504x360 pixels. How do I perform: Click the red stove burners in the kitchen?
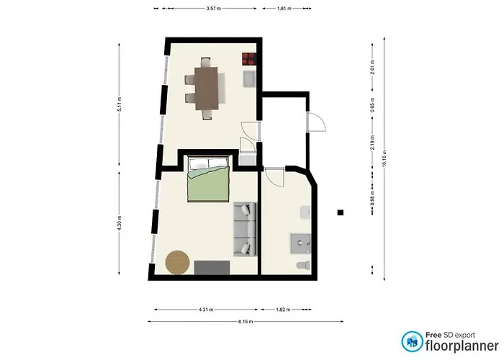pos(250,60)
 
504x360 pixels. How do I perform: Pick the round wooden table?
pos(177,262)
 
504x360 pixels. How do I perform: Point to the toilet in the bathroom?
pos(302,266)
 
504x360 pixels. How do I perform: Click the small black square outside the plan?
pos(341,212)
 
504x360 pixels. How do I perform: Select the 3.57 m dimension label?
pos(213,9)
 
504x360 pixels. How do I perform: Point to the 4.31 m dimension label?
pos(204,310)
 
